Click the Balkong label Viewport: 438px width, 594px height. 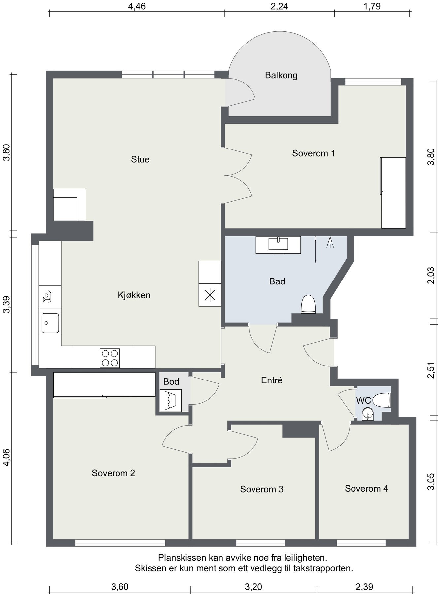click(281, 75)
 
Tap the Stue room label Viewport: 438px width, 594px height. click(140, 159)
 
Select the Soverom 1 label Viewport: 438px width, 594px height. click(314, 153)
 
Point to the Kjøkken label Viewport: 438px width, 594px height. click(134, 295)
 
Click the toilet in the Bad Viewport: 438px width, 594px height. click(309, 304)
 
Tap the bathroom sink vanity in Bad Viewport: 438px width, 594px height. click(278, 245)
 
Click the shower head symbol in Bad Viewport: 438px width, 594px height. click(330, 242)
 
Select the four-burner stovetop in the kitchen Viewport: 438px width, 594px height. click(110, 358)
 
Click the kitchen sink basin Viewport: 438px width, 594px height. click(50, 323)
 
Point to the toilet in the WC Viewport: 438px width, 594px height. click(382, 400)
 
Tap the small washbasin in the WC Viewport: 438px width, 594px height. click(367, 414)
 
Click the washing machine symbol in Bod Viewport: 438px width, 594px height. click(170, 400)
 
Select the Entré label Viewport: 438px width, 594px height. click(272, 380)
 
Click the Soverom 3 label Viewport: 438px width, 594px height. click(262, 489)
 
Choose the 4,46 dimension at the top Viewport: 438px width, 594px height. click(137, 6)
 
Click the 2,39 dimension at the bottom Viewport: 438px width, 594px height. click(364, 587)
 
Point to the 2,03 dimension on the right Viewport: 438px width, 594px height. click(431, 275)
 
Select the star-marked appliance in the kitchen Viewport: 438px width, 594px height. click(210, 295)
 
